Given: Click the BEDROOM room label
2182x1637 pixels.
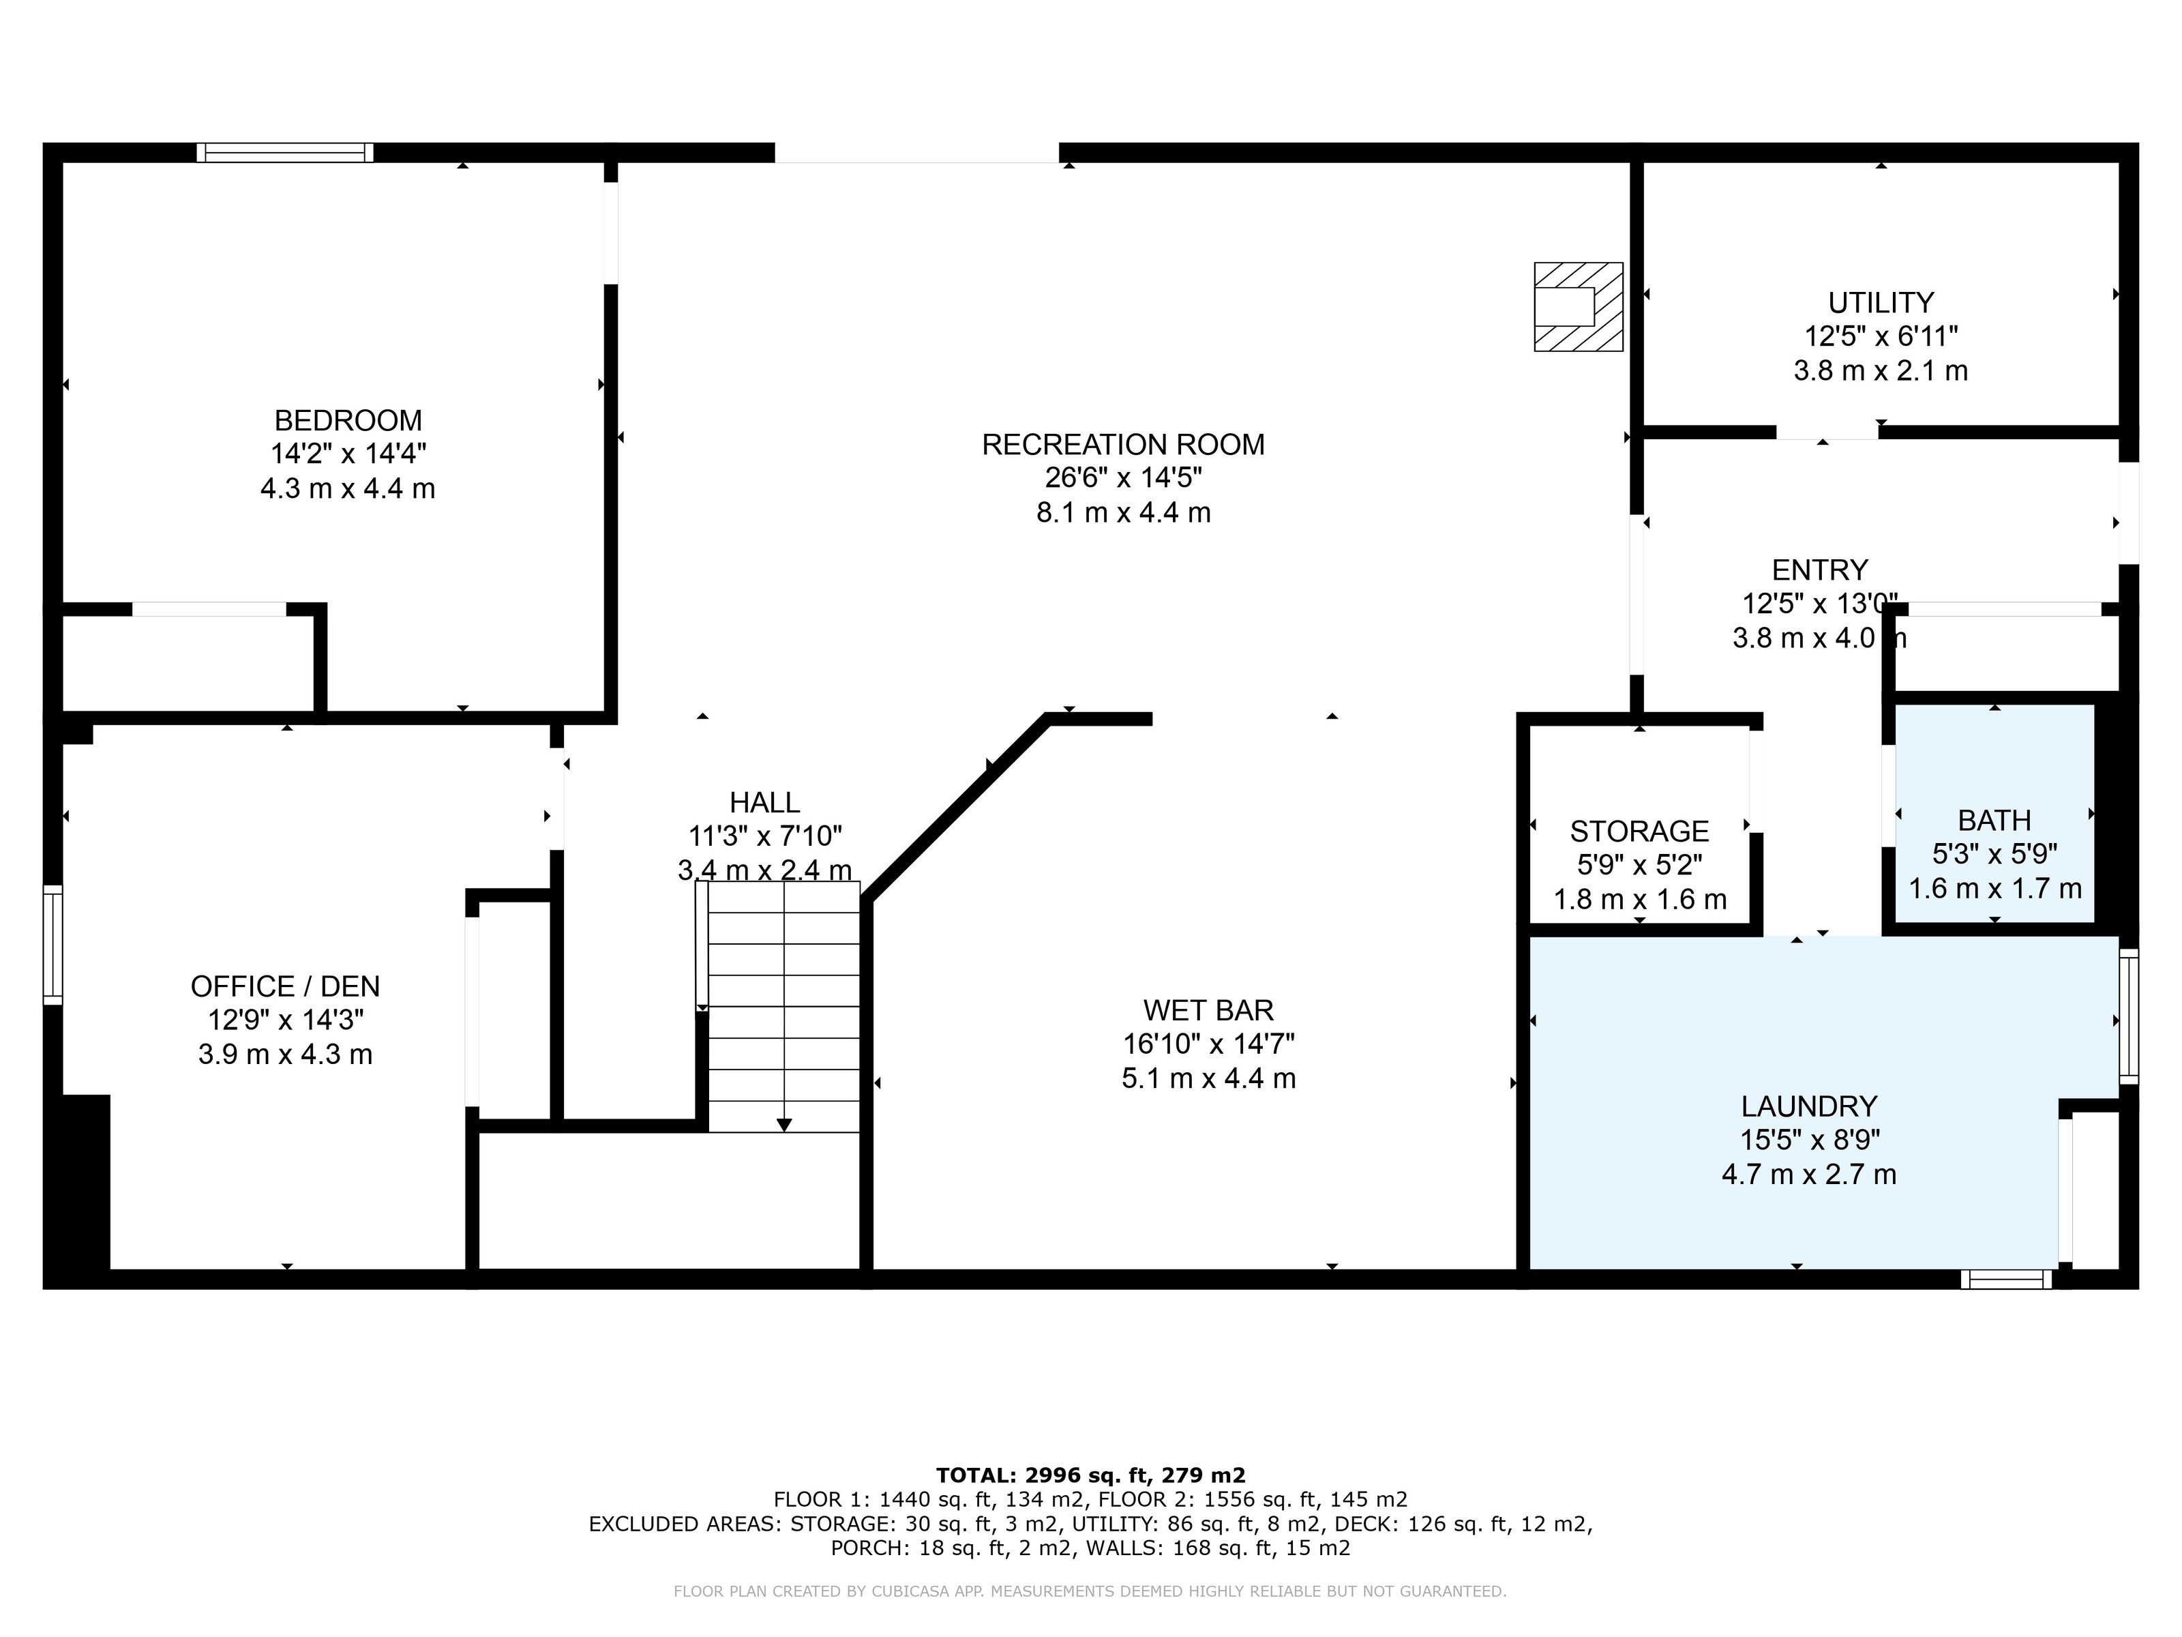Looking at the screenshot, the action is tap(348, 420).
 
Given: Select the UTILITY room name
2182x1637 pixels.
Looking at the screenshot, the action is tap(1881, 302).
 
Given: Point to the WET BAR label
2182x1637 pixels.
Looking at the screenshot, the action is tap(1208, 1009).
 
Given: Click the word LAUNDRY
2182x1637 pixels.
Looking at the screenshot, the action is tap(1809, 1106).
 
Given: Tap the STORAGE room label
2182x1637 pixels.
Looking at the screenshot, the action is tap(1639, 831).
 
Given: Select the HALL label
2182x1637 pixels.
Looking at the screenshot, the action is tap(764, 802).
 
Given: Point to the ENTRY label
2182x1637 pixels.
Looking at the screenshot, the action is tap(1820, 570).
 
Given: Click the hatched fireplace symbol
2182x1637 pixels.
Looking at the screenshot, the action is tap(1579, 307).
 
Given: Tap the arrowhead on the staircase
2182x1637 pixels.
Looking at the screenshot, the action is tap(784, 1125).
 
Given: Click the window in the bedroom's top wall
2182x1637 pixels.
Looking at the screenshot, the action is tap(285, 152).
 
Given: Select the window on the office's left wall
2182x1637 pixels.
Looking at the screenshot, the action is tap(53, 945).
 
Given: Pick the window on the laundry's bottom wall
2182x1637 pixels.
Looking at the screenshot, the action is tap(2006, 1280).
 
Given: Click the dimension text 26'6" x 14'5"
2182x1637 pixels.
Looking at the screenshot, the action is tap(1124, 479).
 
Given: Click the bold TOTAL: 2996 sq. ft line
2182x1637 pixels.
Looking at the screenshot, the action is tap(1091, 1475).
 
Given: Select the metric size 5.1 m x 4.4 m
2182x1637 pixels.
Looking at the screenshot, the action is tap(1208, 1078).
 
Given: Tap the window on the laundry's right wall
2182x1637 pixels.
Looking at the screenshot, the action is tap(2129, 1016).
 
